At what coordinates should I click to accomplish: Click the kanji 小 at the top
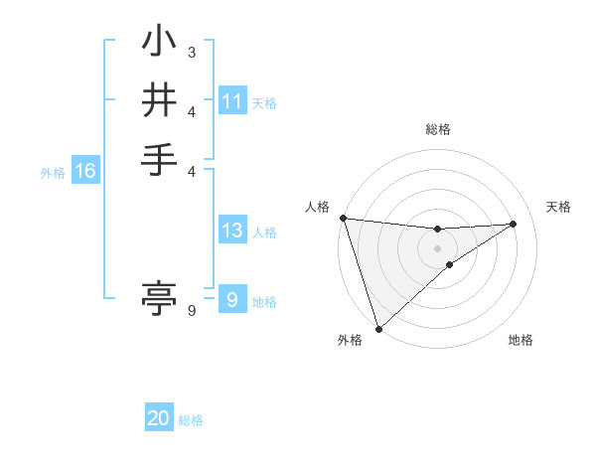(160, 45)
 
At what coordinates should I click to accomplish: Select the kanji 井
(160, 101)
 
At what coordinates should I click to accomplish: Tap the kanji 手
(160, 159)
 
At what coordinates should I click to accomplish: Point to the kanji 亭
(160, 296)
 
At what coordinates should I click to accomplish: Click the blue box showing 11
(232, 101)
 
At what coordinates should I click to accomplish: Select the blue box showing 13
(232, 232)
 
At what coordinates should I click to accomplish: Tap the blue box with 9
(232, 300)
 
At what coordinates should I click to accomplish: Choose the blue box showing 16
(85, 171)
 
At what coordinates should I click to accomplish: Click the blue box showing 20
(159, 418)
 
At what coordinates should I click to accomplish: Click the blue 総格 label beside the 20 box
(191, 420)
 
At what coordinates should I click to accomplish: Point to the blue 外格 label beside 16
(53, 173)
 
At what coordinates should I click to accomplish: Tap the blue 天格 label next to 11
(264, 103)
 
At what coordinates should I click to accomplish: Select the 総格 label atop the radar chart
(438, 129)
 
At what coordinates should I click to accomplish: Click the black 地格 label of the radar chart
(521, 341)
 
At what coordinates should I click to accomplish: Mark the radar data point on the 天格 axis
(514, 224)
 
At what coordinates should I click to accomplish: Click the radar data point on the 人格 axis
(343, 218)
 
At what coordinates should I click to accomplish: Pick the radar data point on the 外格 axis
(378, 328)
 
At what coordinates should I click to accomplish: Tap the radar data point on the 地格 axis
(450, 264)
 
